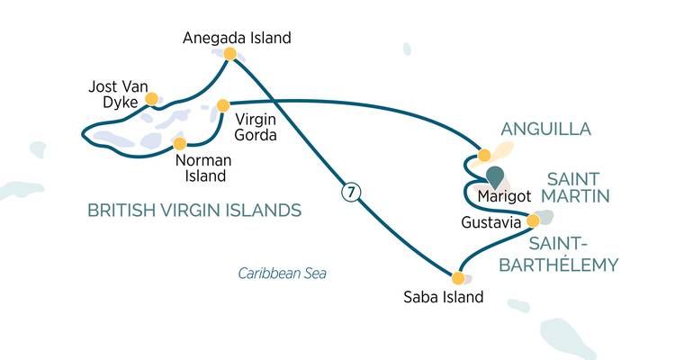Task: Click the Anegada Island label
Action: (237, 38)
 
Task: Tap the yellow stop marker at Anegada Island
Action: (229, 55)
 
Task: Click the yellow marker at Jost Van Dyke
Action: (151, 98)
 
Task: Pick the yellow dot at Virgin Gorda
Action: (223, 106)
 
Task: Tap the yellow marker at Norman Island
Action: (179, 144)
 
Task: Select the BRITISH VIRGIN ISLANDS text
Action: (193, 211)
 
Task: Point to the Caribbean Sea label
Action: (282, 273)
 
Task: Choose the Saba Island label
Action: (445, 297)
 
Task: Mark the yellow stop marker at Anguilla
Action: (484, 155)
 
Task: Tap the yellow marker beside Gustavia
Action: (533, 220)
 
